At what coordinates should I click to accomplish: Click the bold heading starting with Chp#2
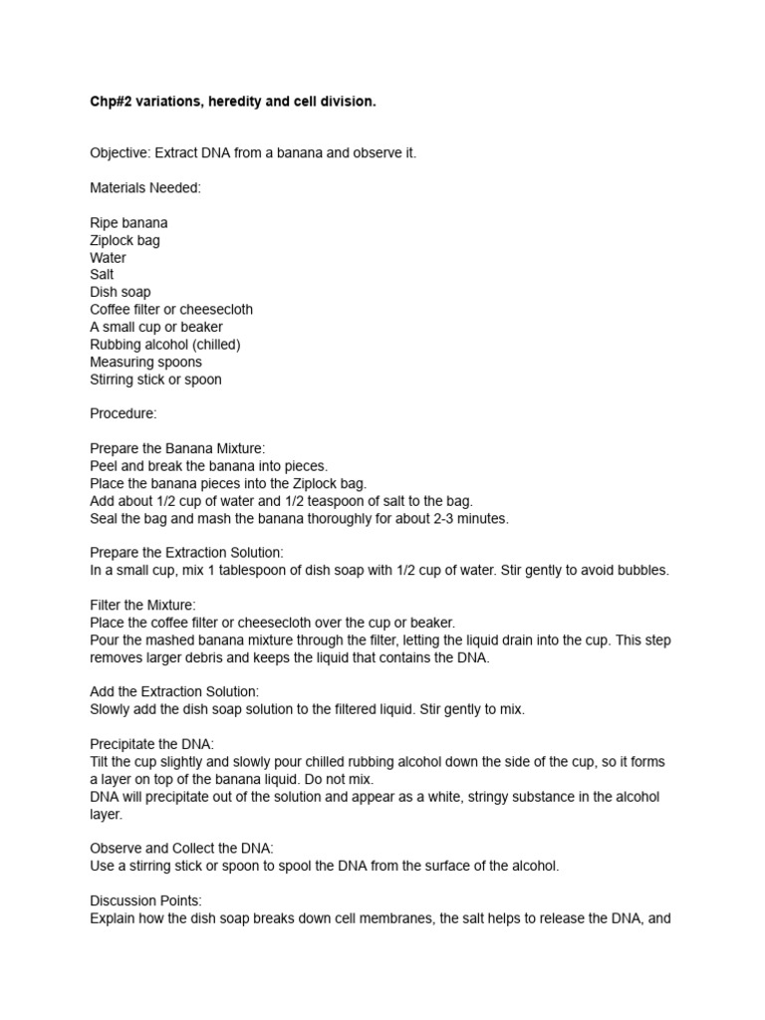[x=233, y=102]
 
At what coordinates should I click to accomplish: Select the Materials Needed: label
[x=145, y=188]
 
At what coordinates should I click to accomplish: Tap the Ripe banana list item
[x=128, y=223]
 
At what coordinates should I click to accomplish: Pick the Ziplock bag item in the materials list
[x=125, y=240]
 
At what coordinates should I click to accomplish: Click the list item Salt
[x=102, y=275]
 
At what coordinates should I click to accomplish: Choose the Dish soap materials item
[x=121, y=292]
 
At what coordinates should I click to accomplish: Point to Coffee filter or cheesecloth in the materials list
[x=171, y=310]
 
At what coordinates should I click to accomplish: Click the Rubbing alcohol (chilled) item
[x=165, y=345]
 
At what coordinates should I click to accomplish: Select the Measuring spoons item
[x=145, y=362]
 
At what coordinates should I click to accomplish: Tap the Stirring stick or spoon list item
[x=155, y=380]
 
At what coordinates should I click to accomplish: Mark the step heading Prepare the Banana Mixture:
[x=177, y=448]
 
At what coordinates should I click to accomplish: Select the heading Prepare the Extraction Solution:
[x=186, y=553]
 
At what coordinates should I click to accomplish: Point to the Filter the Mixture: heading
[x=142, y=605]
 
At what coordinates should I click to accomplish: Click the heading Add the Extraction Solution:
[x=174, y=691]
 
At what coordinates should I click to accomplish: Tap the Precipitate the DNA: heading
[x=151, y=744]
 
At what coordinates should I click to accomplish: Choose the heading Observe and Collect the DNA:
[x=181, y=849]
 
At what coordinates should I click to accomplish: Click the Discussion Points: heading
[x=145, y=900]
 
